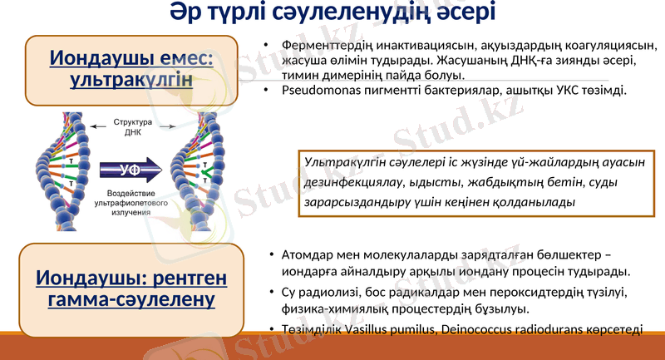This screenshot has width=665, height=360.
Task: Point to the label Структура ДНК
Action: pyautogui.click(x=133, y=127)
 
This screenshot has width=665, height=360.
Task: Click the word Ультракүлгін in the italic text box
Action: pyautogui.click(x=345, y=160)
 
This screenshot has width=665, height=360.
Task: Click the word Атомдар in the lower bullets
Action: pyautogui.click(x=307, y=254)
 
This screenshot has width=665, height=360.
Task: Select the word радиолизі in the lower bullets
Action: pyautogui.click(x=328, y=292)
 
